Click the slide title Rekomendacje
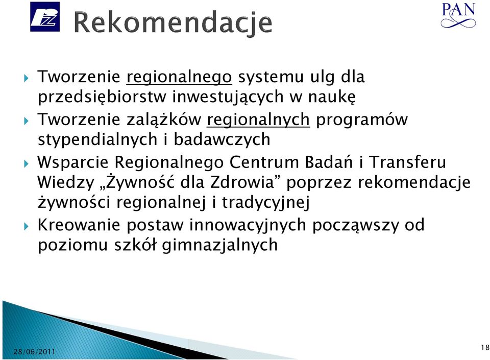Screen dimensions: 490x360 (173, 23)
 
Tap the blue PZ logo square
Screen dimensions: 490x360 (45, 16)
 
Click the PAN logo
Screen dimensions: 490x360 (458, 15)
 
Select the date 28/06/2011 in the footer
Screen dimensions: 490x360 (34, 352)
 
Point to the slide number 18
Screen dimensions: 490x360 (485, 347)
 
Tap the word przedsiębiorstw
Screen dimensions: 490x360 (102, 97)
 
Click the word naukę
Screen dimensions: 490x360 (332, 97)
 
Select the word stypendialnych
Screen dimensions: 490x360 (97, 140)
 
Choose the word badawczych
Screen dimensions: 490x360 (222, 139)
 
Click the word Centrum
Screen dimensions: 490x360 (264, 162)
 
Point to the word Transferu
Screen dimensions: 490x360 (407, 162)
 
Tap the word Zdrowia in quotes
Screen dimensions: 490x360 (242, 182)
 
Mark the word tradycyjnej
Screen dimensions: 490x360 (265, 203)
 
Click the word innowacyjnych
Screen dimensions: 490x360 (248, 226)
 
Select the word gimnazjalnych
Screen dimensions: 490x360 (219, 245)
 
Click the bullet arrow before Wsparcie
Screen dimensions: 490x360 (26, 163)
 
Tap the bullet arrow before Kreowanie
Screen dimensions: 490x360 (26, 226)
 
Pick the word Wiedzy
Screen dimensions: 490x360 (66, 182)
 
